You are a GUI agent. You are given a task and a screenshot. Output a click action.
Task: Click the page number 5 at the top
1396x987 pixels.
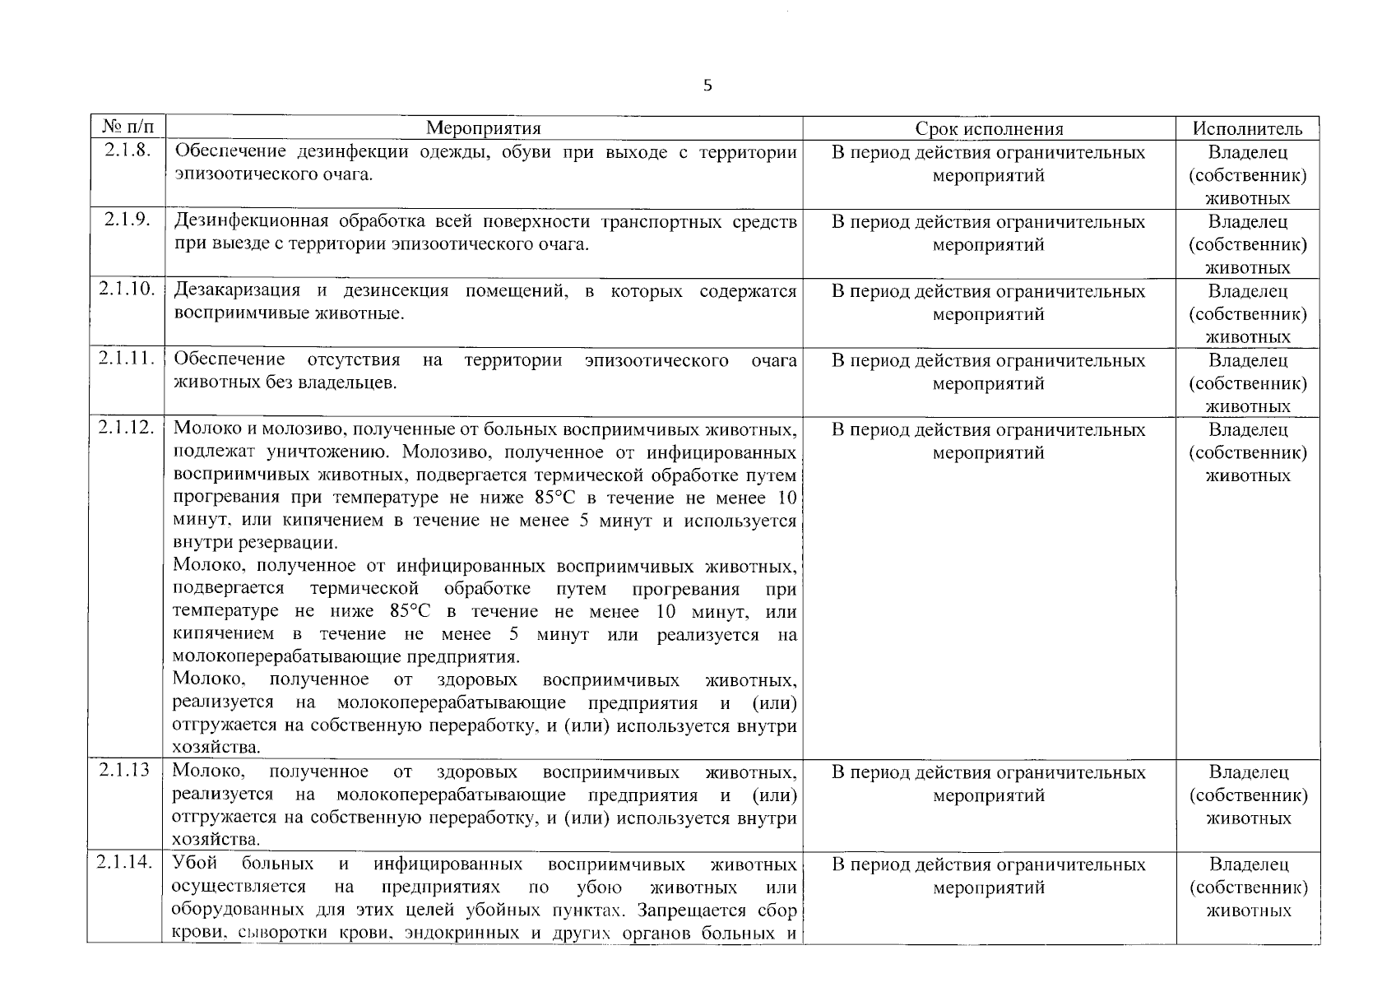click(707, 86)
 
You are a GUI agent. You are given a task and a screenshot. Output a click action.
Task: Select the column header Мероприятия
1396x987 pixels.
click(484, 128)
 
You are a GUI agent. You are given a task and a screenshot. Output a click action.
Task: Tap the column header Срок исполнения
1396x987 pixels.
click(989, 129)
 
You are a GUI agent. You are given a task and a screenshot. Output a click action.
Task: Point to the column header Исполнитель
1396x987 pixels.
click(1247, 129)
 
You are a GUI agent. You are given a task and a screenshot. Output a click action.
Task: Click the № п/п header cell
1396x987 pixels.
click(127, 128)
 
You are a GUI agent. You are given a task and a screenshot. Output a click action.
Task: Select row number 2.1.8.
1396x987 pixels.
click(127, 151)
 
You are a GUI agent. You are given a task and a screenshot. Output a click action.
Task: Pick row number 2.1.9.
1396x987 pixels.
click(127, 220)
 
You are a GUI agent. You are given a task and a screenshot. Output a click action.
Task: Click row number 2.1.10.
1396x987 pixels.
click(127, 290)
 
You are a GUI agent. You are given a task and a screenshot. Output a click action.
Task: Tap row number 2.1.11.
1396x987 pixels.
click(127, 359)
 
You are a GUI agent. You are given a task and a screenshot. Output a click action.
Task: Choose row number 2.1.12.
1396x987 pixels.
click(127, 428)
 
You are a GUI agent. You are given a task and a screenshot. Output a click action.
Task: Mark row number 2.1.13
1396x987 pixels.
click(125, 770)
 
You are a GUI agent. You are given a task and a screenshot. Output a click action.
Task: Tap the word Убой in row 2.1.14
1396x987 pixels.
click(195, 864)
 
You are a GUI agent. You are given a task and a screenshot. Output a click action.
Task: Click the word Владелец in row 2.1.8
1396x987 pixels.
click(1247, 152)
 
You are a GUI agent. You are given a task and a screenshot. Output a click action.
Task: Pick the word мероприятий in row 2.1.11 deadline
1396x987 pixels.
click(989, 383)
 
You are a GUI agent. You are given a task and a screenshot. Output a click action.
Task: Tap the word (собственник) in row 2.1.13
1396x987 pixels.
click(1247, 795)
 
